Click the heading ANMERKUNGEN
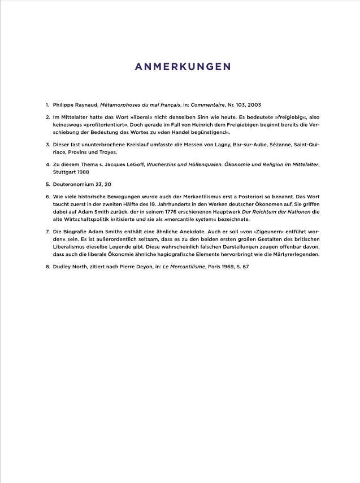[183, 67]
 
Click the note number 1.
[47, 105]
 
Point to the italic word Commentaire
[207, 105]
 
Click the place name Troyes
[106, 152]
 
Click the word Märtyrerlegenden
[294, 254]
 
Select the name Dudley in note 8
[63, 266]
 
